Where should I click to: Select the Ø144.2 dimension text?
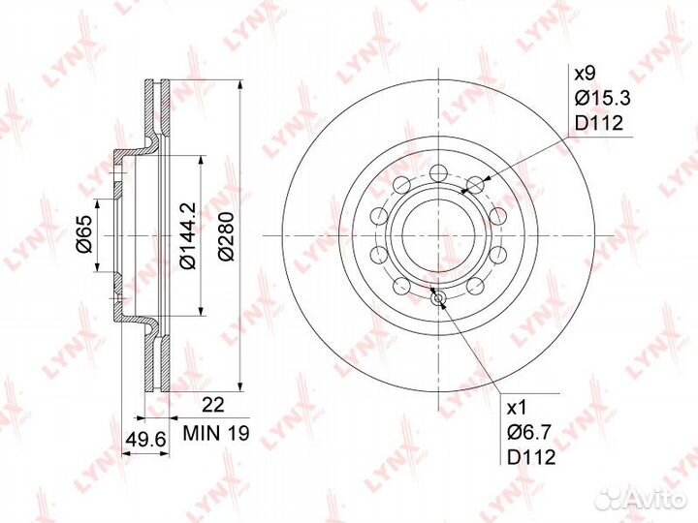tap(188, 234)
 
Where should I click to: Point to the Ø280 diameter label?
tap(226, 235)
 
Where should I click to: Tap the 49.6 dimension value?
tap(145, 441)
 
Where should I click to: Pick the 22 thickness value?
tap(212, 405)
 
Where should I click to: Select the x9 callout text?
tap(585, 74)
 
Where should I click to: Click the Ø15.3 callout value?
tap(602, 98)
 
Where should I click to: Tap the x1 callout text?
tap(518, 407)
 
